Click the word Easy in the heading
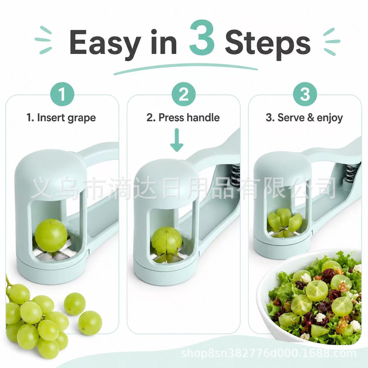pos(104,43)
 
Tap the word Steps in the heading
pos(268,43)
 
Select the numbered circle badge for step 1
pos(62,94)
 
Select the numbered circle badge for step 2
pos(183,94)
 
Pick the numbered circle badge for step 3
pos(305,94)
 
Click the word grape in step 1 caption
pos(82,118)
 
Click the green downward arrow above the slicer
pos(177,139)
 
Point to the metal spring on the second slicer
pos(235,175)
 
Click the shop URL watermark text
pos(269,353)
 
